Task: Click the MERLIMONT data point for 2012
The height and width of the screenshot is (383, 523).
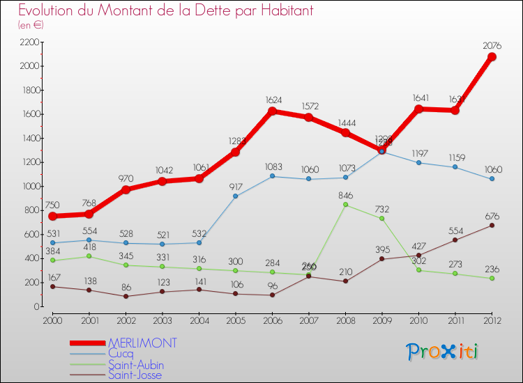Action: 492,57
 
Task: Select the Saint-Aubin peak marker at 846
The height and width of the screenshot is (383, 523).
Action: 345,205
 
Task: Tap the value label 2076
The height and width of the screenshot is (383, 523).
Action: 493,46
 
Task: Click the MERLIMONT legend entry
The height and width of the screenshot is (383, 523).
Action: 142,343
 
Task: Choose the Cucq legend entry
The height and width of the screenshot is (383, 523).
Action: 121,354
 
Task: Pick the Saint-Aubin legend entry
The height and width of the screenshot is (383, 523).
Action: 135,364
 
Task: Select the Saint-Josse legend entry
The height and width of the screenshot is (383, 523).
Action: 135,375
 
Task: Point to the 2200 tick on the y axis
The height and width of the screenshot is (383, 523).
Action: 29,42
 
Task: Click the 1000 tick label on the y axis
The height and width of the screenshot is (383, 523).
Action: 29,187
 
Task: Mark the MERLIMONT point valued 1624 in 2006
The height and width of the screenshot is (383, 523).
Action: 272,111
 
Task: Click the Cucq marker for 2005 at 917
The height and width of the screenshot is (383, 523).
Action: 236,196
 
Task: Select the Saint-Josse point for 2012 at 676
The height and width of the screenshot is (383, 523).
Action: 492,225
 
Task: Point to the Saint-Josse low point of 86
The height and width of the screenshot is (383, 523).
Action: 126,296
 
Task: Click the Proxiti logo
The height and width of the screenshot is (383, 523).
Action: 443,352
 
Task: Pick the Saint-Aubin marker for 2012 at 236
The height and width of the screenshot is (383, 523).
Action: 492,278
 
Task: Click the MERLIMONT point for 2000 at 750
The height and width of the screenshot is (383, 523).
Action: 52,216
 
